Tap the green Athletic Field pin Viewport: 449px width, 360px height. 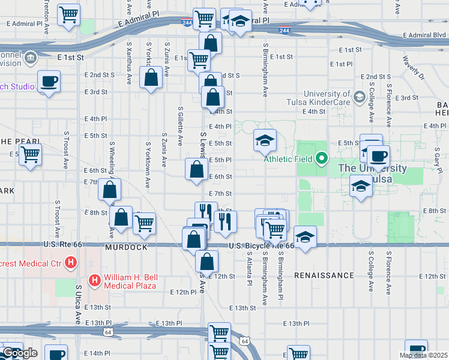click(x=322, y=159)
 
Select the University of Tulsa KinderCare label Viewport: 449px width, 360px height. click(x=327, y=98)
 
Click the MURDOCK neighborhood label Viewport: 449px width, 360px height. click(x=126, y=247)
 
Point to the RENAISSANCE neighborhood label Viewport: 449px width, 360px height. click(x=324, y=275)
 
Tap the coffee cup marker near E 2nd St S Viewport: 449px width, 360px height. click(x=49, y=82)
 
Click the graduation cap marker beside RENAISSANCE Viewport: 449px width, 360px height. click(x=305, y=238)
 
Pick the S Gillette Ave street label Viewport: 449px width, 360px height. click(x=180, y=126)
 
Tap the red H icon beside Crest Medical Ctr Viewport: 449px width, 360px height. click(x=71, y=262)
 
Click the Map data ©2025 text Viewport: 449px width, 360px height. click(x=424, y=355)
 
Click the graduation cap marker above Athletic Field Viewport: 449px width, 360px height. click(x=265, y=140)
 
